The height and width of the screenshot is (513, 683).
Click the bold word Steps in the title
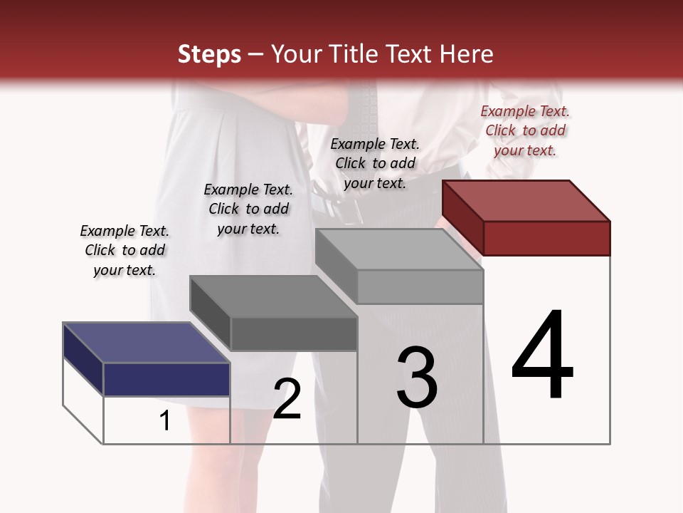(x=209, y=54)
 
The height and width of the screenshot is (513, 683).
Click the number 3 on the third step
(x=417, y=378)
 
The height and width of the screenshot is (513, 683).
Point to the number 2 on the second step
(x=287, y=399)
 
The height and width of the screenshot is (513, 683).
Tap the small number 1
(x=165, y=421)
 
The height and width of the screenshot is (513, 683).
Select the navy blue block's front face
(x=166, y=379)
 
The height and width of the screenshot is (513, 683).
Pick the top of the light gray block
(x=399, y=249)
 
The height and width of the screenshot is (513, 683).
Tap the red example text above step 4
(x=525, y=130)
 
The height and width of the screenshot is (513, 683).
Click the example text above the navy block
(x=125, y=250)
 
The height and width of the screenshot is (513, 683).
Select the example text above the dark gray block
(x=248, y=209)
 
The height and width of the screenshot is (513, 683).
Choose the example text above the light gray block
(x=375, y=163)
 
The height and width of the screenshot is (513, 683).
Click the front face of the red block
(x=546, y=238)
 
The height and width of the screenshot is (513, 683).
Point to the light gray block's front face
(x=420, y=286)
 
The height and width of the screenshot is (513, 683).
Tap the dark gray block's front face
(x=294, y=333)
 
